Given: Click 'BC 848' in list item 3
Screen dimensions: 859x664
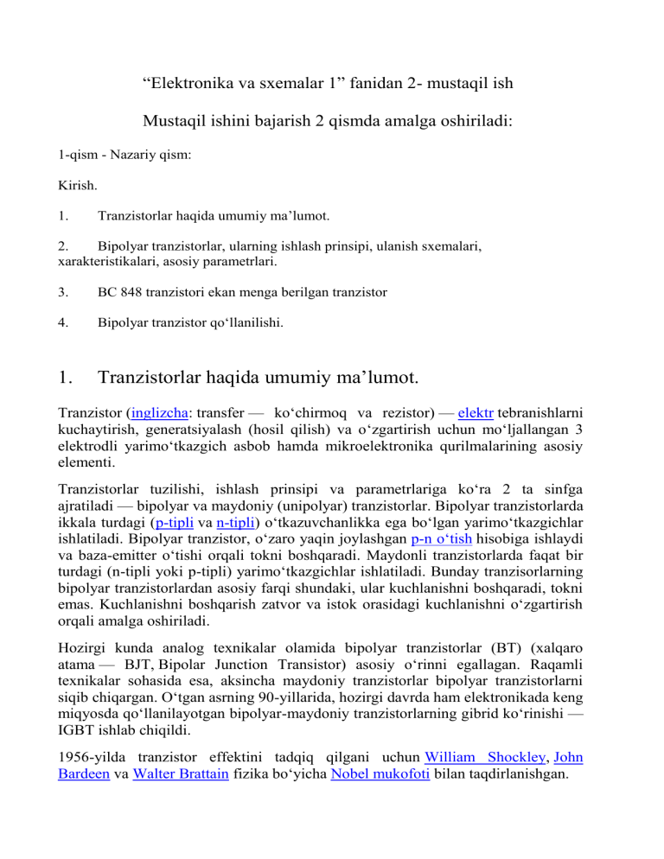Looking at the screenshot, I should point(118,292).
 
